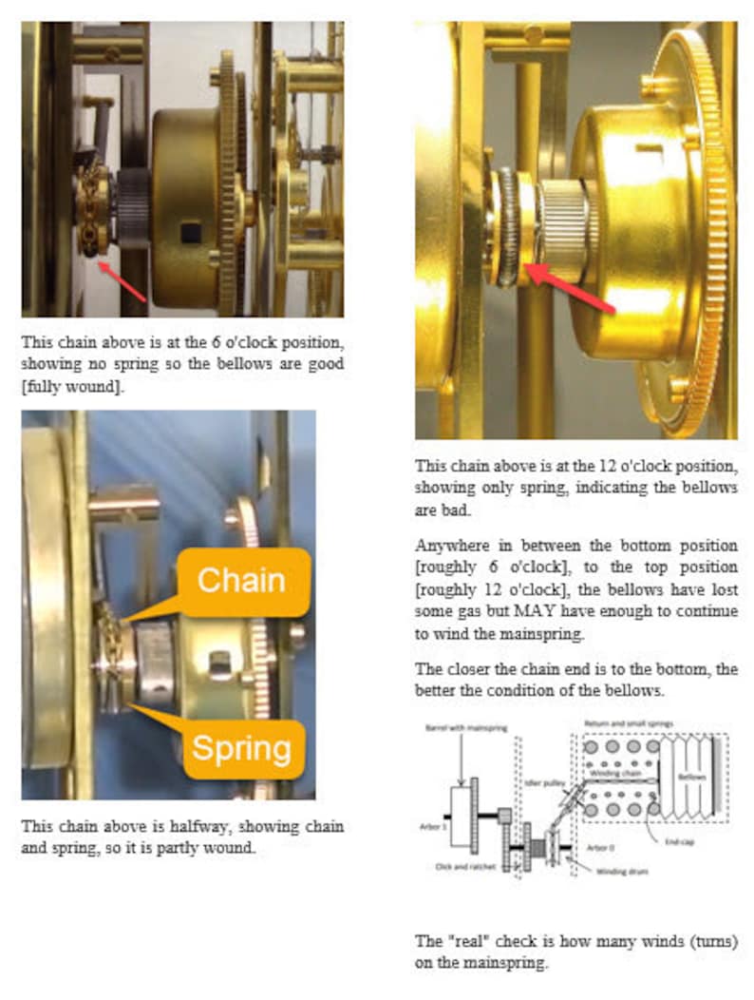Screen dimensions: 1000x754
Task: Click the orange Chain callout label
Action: point(241,580)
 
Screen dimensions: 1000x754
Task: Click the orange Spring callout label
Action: point(242,749)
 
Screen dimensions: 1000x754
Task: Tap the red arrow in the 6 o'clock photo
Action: point(123,283)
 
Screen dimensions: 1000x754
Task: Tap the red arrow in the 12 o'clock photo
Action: point(569,291)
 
